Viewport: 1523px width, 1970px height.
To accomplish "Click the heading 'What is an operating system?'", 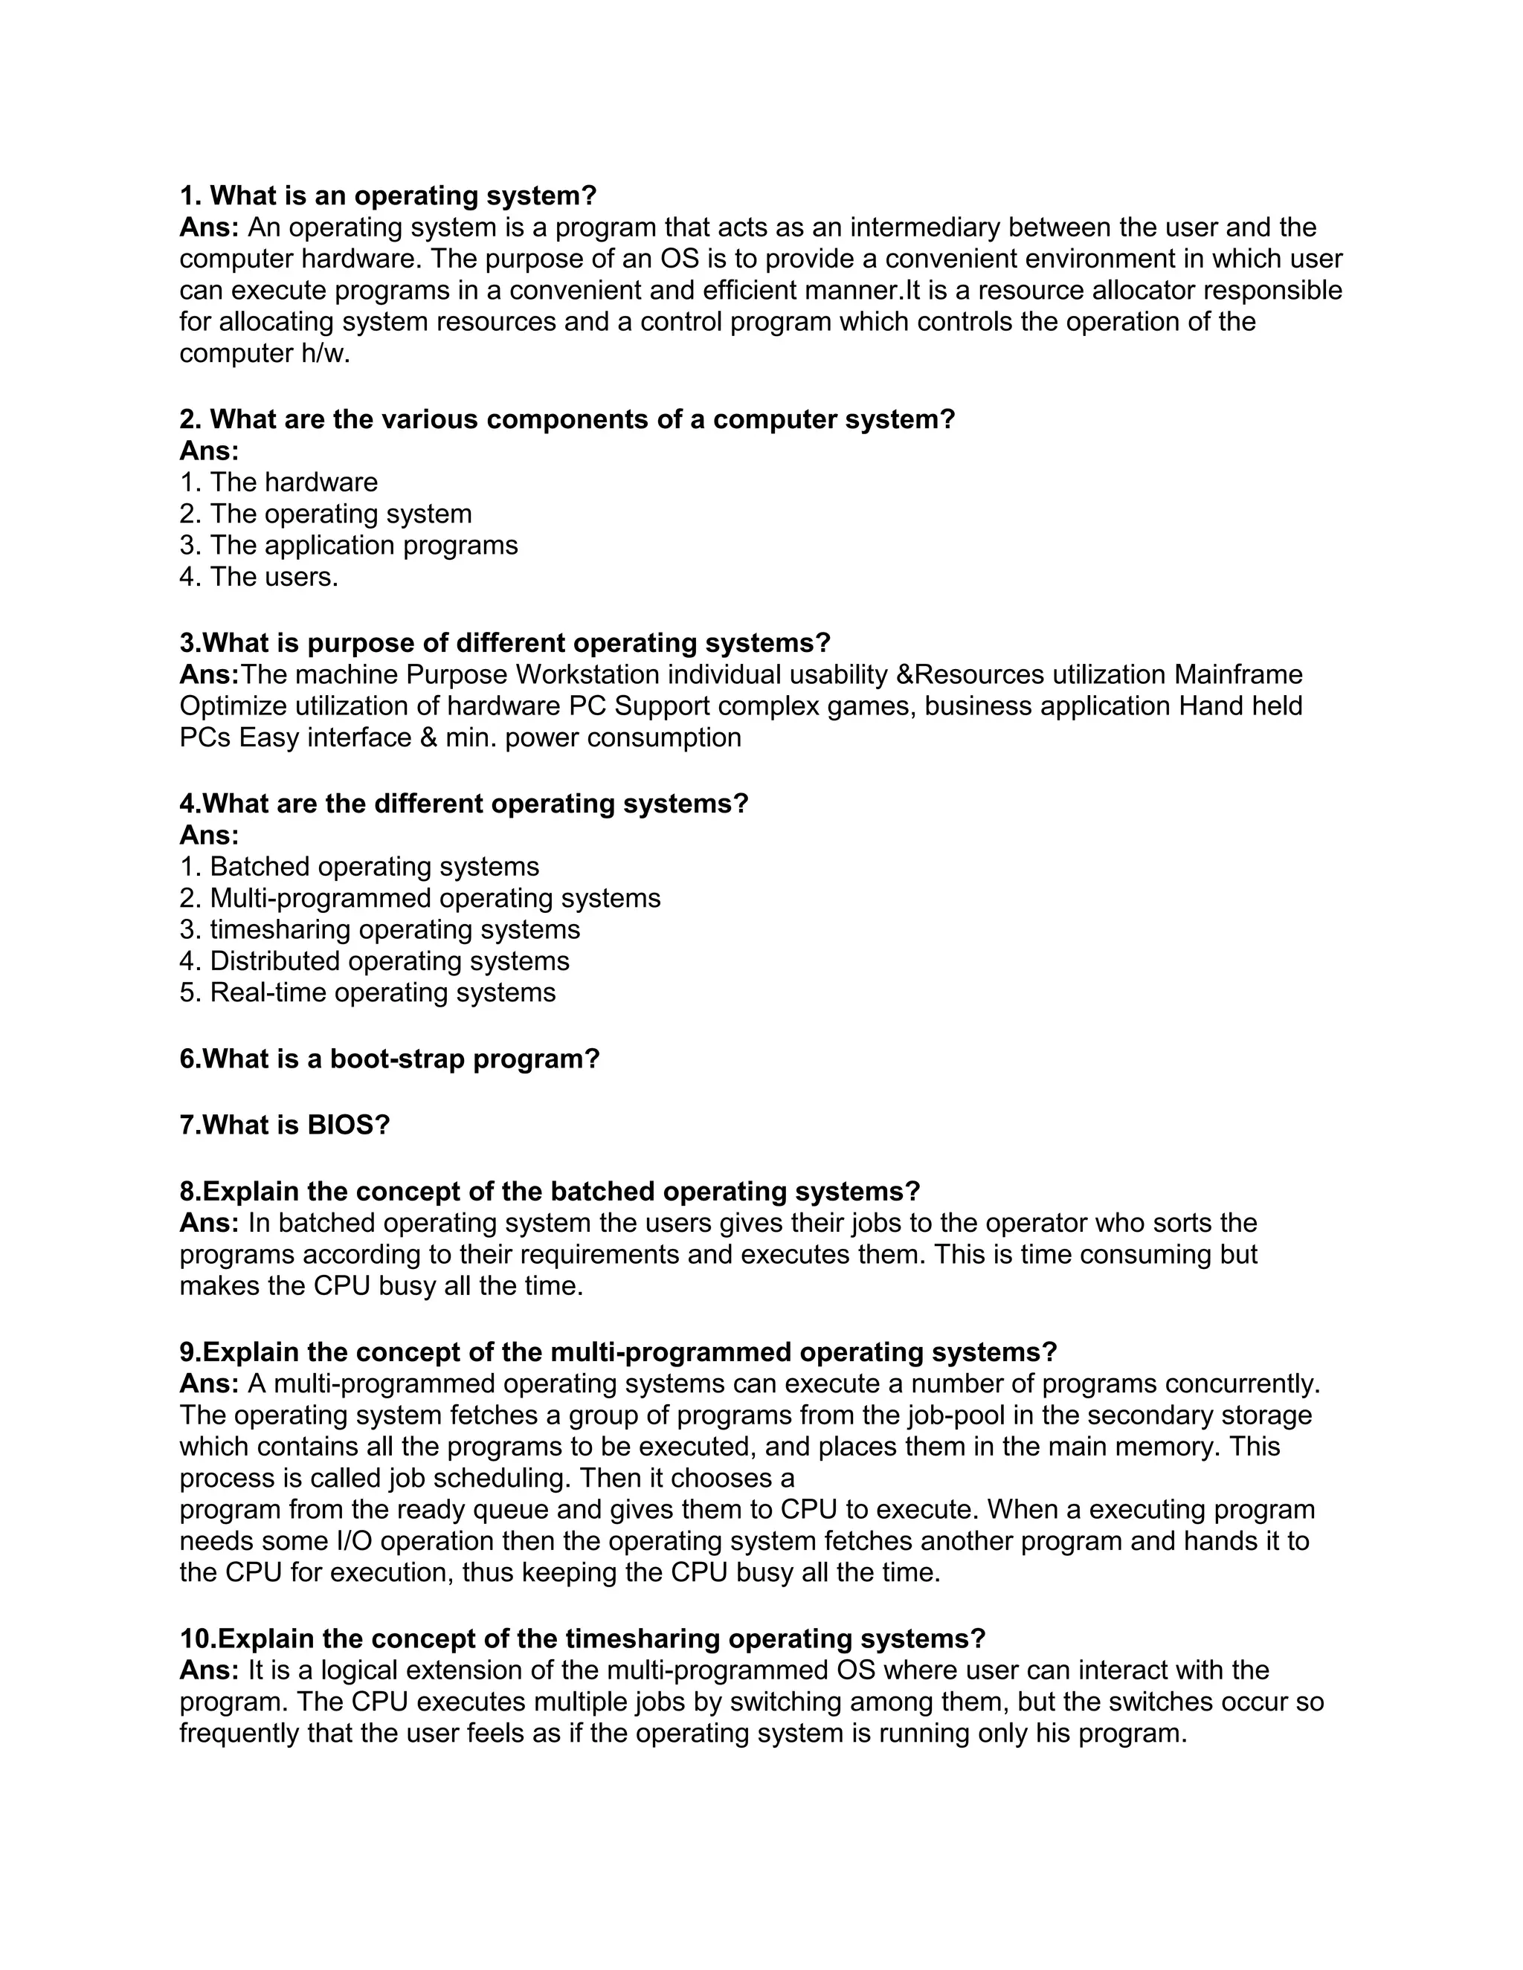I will click(388, 196).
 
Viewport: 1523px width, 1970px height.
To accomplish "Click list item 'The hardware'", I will click(278, 482).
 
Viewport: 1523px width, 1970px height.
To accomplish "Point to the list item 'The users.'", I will click(259, 578).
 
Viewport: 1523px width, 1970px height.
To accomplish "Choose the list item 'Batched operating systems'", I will click(359, 867).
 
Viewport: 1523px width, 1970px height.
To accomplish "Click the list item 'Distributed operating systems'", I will click(375, 961).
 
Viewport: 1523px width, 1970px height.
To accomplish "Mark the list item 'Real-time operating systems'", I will click(367, 993).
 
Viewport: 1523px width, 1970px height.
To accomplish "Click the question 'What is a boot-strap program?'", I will click(390, 1059).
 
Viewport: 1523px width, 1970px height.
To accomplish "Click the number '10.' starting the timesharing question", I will click(198, 1639).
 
